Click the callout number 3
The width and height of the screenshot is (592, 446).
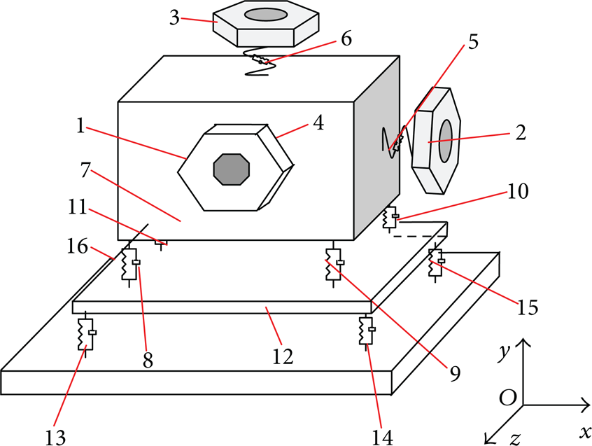point(174,18)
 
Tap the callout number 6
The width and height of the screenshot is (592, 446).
point(346,39)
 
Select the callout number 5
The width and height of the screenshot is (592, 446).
point(473,41)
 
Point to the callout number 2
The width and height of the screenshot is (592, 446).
point(521,133)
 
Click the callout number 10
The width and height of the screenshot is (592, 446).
point(518,191)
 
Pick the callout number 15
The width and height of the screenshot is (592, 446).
point(528,307)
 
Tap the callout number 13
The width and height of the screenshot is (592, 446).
point(55,438)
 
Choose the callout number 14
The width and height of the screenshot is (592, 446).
point(383,438)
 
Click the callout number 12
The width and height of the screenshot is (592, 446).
point(283,356)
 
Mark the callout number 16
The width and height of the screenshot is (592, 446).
point(78,246)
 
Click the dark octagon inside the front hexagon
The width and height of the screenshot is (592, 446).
point(232,169)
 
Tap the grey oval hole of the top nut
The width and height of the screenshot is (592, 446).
point(266,15)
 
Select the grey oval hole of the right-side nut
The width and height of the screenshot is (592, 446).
point(446,141)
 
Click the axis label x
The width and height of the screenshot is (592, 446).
point(585,431)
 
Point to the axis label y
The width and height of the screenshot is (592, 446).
point(504,353)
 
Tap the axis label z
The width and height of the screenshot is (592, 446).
point(515,438)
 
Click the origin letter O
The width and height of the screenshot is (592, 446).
point(508,397)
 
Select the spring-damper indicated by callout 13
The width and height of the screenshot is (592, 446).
point(86,334)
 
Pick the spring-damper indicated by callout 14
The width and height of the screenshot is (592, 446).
point(367,331)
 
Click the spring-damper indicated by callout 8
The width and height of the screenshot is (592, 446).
point(129,264)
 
